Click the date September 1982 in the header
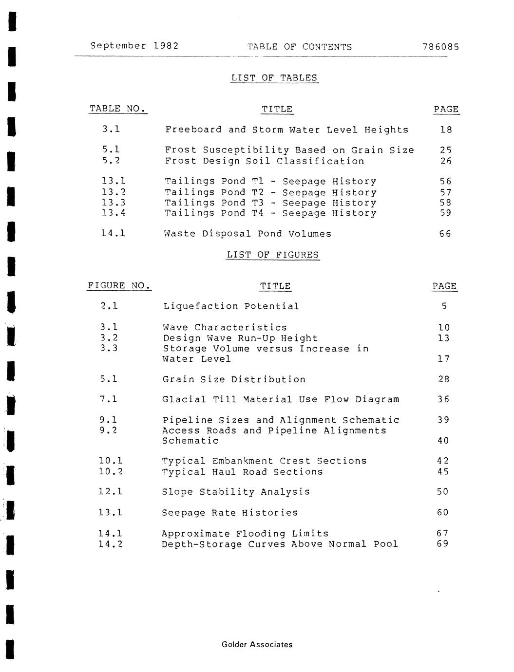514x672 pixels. click(x=134, y=46)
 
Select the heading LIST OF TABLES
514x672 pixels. click(x=274, y=78)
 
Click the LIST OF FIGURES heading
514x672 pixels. click(x=272, y=255)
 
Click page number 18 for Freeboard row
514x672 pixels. click(x=446, y=130)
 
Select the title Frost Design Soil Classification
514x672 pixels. click(x=264, y=161)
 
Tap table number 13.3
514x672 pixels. click(x=114, y=203)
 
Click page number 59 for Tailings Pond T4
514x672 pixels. click(x=445, y=213)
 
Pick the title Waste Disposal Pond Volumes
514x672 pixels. click(x=248, y=234)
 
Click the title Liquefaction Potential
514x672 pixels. click(x=231, y=306)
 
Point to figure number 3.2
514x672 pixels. click(x=109, y=338)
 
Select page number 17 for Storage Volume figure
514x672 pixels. click(x=443, y=359)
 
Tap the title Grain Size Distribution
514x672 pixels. click(x=234, y=379)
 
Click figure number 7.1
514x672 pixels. click(x=108, y=399)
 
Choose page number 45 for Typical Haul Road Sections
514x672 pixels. click(x=443, y=471)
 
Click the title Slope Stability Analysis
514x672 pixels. click(x=236, y=492)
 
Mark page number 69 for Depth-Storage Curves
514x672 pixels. click(x=443, y=544)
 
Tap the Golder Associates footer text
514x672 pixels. click(x=257, y=645)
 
